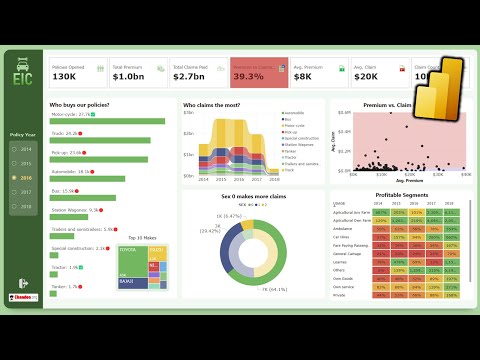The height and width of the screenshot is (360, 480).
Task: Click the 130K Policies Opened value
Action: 64,76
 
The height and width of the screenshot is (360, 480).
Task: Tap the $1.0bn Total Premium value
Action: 130,76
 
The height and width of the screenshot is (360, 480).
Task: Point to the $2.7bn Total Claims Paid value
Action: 191,76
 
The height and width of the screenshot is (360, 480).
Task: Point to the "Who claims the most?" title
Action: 211,104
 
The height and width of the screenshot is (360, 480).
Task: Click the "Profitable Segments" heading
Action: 402,194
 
